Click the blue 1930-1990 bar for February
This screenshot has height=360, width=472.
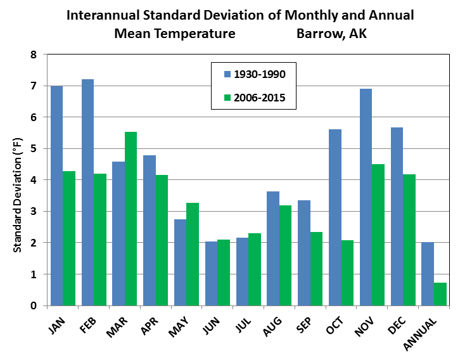click(x=87, y=193)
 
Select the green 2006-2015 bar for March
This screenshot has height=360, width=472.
click(x=131, y=219)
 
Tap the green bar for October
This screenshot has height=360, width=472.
click(x=347, y=273)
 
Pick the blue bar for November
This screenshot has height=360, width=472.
click(x=366, y=197)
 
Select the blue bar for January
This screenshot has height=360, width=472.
click(x=56, y=196)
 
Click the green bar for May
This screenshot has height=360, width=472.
click(x=193, y=254)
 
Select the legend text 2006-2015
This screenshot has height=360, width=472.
click(x=260, y=98)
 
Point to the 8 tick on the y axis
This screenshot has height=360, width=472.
click(x=34, y=55)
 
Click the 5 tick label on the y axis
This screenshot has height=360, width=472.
click(x=34, y=149)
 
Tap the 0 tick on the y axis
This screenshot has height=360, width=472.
click(x=34, y=306)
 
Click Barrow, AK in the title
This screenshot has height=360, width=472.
click(x=331, y=33)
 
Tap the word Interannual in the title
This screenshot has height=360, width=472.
click(x=102, y=16)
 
